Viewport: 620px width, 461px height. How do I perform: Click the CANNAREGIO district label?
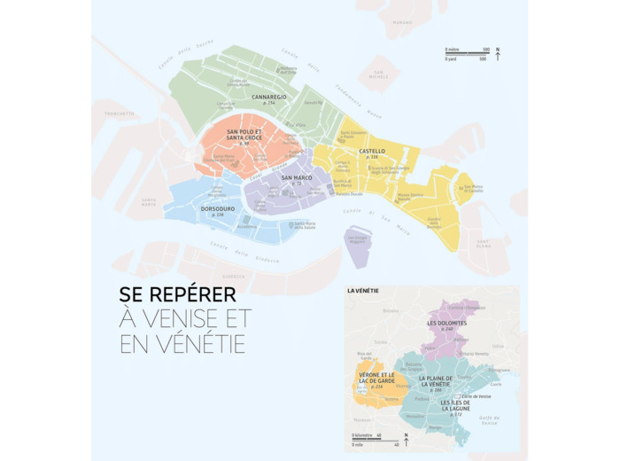tap(269, 97)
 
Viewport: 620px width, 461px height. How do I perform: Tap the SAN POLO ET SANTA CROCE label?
tap(244, 135)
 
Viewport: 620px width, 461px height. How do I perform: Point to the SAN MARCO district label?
tap(296, 177)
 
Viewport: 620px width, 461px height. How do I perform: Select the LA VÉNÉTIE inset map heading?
tap(365, 290)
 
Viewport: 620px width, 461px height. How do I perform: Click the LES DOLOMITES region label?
tap(446, 324)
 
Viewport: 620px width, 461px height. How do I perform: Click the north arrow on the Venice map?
tap(498, 54)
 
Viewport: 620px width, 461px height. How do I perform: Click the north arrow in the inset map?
tap(406, 440)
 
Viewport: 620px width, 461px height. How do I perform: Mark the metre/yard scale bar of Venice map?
tap(467, 54)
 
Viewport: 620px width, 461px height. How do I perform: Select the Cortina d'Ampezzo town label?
tap(465, 307)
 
